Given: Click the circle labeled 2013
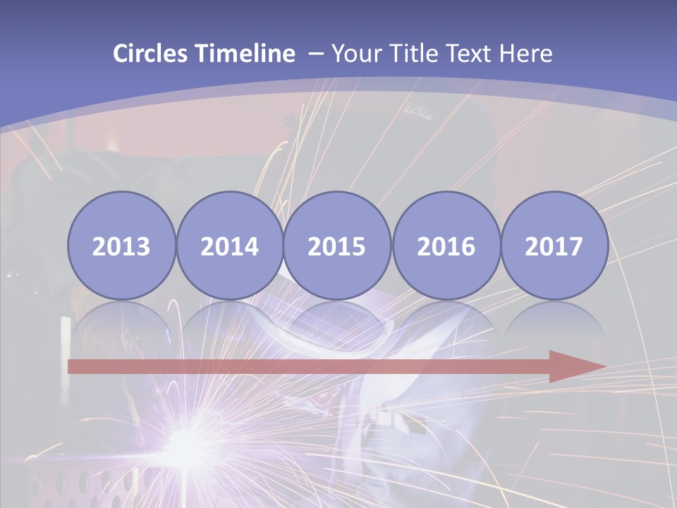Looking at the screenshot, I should pyautogui.click(x=121, y=246).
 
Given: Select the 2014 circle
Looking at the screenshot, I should pyautogui.click(x=229, y=246).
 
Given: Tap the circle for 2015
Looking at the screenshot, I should pyautogui.click(x=337, y=246).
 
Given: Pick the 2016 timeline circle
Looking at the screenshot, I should pyautogui.click(x=446, y=246).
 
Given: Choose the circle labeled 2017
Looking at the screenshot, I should pyautogui.click(x=554, y=246).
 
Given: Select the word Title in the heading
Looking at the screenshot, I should pyautogui.click(x=417, y=54).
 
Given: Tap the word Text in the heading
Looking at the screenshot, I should pyautogui.click(x=473, y=54).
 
